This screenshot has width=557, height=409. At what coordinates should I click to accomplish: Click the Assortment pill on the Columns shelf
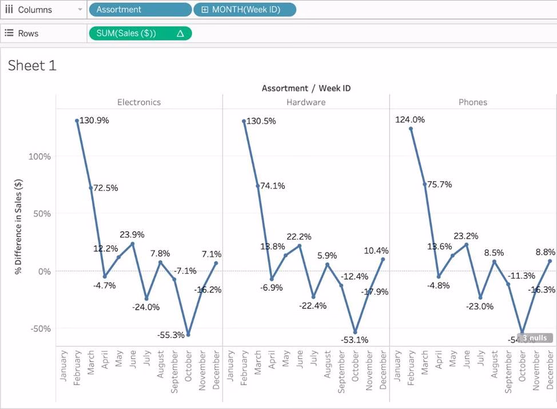coord(140,10)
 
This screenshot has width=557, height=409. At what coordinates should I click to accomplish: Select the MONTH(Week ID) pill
coord(245,10)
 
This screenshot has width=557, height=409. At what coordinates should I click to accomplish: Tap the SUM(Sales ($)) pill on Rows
coord(140,34)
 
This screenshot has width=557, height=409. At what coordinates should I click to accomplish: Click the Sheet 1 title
coord(32,66)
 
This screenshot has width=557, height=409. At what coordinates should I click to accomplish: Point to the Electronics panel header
coord(139,102)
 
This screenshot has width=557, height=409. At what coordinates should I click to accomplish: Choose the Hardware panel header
coord(306,102)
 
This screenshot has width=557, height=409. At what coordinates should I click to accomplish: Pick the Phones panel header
coord(473,102)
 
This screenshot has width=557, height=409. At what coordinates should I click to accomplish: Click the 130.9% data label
coord(94,121)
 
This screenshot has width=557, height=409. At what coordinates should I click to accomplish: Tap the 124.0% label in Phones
coord(410,119)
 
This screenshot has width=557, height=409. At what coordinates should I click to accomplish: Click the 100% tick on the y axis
coord(40,157)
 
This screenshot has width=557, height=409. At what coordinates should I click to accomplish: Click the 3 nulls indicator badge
coord(535,338)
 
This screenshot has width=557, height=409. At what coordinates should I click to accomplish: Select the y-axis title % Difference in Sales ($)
coord(19,226)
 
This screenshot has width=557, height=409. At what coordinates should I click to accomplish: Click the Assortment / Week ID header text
coord(306,88)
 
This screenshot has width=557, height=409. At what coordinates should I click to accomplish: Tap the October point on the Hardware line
coord(355,332)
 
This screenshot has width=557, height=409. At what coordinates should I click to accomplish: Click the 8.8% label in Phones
coord(546,251)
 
